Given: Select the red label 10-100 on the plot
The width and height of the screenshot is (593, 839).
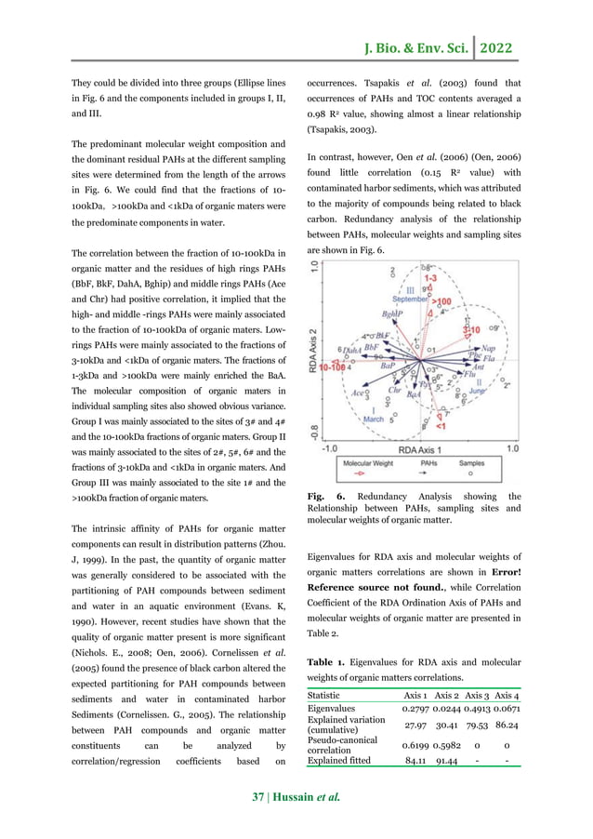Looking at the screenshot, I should (335, 367).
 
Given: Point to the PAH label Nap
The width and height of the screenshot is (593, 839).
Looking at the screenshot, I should (488, 349).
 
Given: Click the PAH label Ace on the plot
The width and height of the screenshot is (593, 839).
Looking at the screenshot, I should (359, 393).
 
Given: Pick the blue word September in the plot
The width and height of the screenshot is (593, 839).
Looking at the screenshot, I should (410, 300).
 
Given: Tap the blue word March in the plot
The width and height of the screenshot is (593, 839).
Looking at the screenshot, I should (373, 419).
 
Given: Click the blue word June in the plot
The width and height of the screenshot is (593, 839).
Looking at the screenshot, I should (478, 391).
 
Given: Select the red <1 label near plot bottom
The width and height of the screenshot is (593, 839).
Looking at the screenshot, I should (441, 426).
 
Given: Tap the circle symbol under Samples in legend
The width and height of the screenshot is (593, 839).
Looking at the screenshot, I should (471, 473).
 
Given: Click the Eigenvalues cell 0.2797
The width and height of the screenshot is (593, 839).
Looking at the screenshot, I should (421, 710).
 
